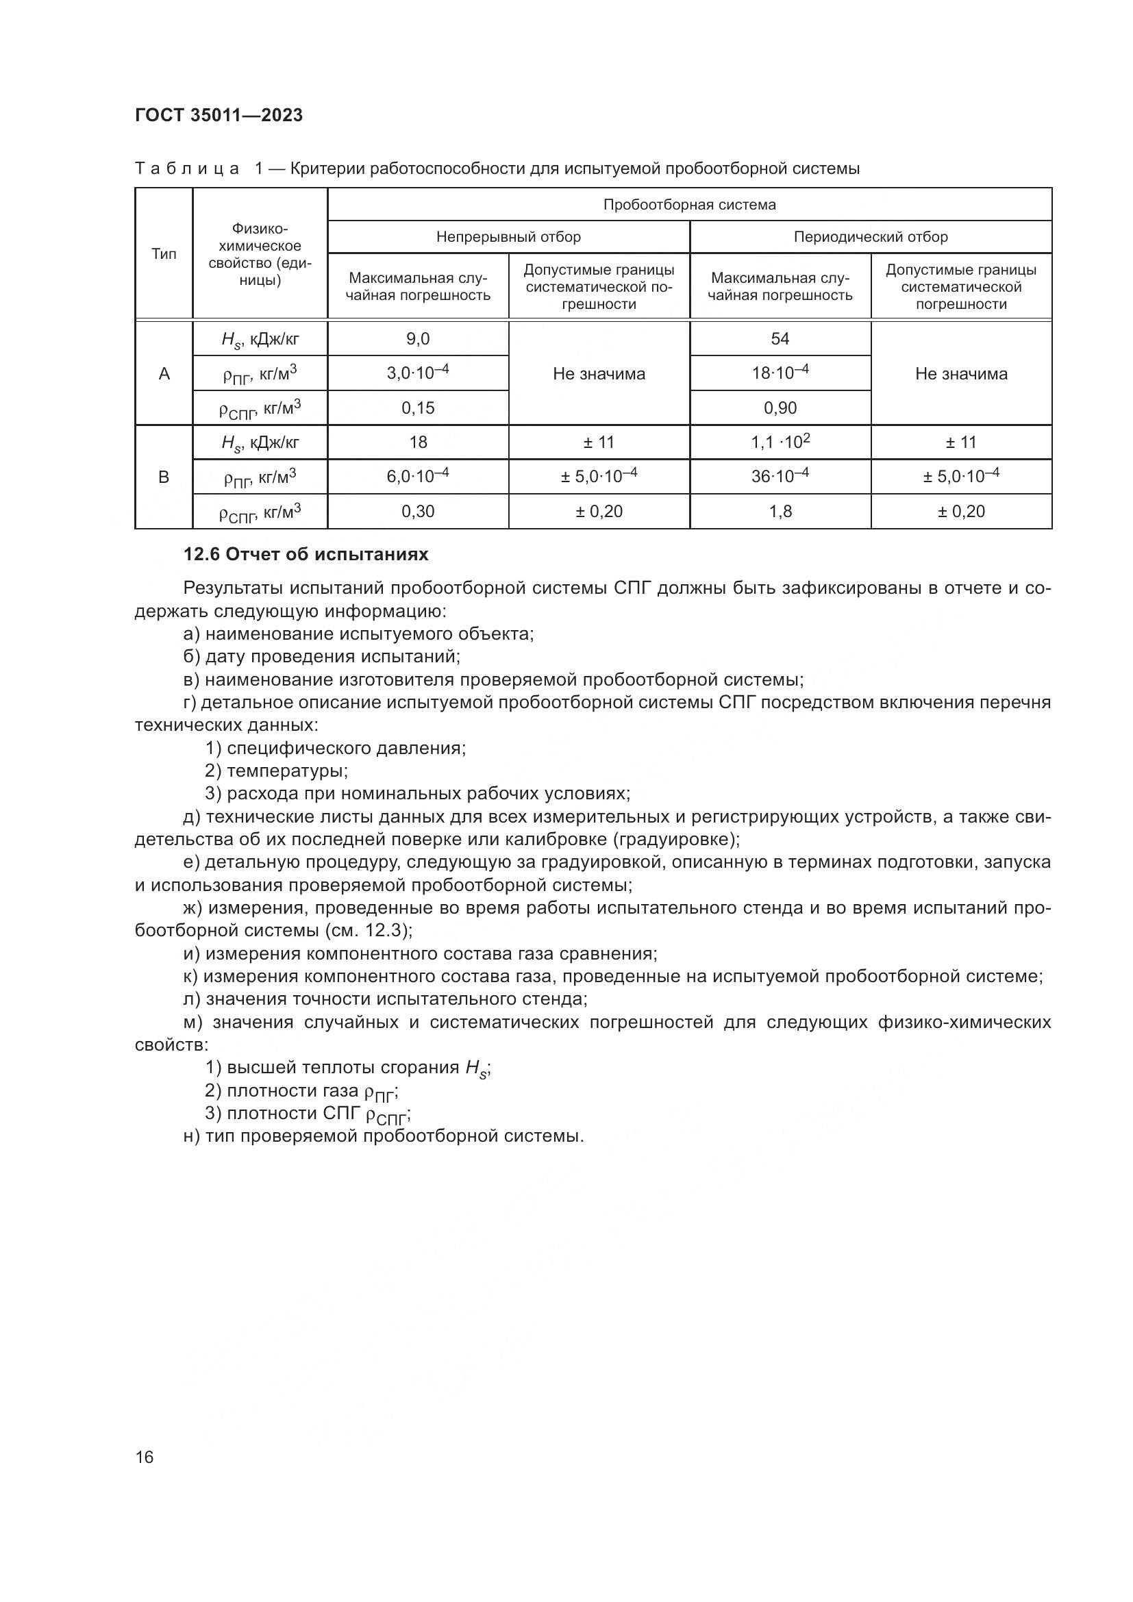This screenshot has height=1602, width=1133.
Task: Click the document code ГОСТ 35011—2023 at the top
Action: click(x=219, y=116)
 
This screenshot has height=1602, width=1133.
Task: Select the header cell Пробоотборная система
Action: click(x=688, y=204)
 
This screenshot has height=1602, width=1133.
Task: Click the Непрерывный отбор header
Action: click(x=508, y=237)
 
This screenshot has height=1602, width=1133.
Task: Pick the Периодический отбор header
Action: click(x=870, y=237)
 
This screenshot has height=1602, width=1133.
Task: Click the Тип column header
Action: click(x=164, y=254)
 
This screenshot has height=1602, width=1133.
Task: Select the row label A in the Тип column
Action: click(x=164, y=374)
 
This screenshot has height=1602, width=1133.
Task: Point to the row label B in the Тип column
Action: click(x=164, y=478)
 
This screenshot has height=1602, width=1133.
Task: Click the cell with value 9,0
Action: click(x=417, y=339)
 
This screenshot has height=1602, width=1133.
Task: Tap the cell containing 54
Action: click(x=780, y=339)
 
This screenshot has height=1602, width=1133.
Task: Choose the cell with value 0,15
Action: click(x=417, y=408)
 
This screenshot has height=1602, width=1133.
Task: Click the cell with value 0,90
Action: click(x=780, y=408)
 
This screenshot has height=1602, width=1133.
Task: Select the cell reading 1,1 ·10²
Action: click(x=780, y=442)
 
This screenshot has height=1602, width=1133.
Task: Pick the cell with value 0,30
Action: click(x=417, y=512)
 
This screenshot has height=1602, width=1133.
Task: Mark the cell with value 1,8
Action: click(x=780, y=512)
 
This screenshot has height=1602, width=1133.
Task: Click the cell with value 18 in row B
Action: click(x=417, y=442)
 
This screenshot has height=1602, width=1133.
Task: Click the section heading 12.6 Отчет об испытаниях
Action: click(x=306, y=555)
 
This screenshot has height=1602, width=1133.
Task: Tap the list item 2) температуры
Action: click(x=276, y=771)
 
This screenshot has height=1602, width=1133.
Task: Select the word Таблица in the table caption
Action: click(x=187, y=169)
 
